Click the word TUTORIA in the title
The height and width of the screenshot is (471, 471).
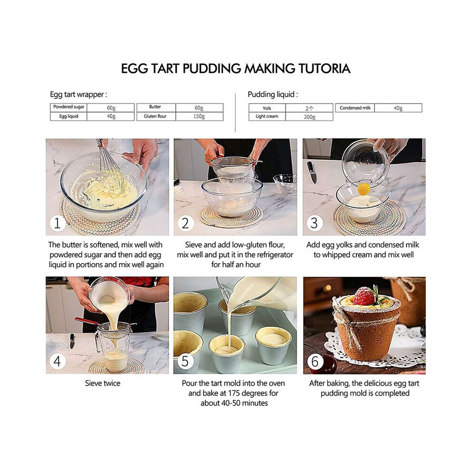tap(324, 69)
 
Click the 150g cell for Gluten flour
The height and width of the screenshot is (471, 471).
tap(199, 117)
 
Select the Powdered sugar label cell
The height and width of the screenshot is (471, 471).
tap(69, 107)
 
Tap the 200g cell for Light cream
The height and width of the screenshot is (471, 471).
tap(309, 117)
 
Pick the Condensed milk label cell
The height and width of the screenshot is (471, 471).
tap(355, 108)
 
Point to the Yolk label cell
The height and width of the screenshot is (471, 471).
tap(267, 108)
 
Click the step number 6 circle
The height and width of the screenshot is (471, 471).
tap(315, 362)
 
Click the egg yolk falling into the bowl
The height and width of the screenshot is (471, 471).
tap(364, 189)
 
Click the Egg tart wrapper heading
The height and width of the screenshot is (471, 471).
tap(78, 95)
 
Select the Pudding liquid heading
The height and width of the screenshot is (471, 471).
tap(273, 95)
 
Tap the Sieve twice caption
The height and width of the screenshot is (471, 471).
tap(102, 383)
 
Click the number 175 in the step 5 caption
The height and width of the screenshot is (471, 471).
tap(234, 393)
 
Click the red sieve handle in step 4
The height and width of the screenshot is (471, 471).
tap(86, 321)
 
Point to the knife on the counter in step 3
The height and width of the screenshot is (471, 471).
tap(312, 172)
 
